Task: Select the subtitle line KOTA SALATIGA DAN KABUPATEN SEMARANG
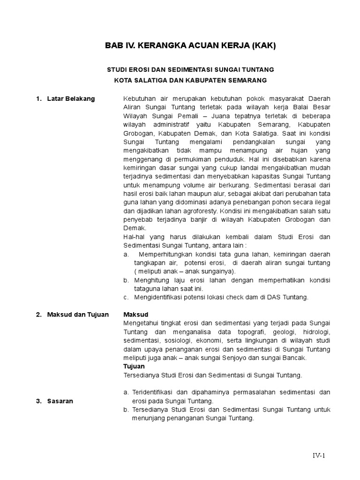pos(190,80)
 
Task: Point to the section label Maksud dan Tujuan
pos(77,315)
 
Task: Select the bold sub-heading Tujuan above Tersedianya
pos(134,366)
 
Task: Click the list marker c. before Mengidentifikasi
pos(126,297)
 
